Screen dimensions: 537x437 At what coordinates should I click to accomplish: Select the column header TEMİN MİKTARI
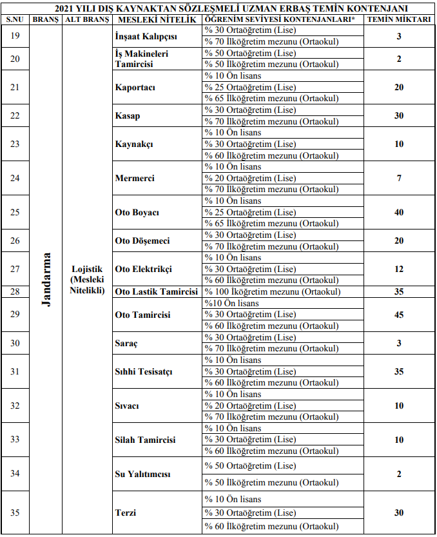coord(399,20)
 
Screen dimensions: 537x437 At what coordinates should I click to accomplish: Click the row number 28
coord(15,291)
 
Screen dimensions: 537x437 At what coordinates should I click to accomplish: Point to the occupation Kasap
coord(128,116)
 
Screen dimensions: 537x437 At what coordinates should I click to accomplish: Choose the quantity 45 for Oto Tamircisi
coord(399,315)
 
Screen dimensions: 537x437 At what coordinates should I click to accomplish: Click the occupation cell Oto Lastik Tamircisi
coord(156,291)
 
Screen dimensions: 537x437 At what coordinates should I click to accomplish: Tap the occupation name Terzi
coord(125,513)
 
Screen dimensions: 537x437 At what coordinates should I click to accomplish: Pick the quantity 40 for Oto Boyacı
coord(399,212)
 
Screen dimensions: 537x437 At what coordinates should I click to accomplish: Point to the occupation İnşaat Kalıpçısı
coord(145,37)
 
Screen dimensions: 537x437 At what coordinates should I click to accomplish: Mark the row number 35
coord(15,513)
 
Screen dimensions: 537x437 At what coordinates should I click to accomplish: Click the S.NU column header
coord(15,20)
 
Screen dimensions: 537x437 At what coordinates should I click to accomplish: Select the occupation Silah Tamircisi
coord(145,440)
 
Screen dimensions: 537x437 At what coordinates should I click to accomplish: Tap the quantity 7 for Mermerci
coord(399,178)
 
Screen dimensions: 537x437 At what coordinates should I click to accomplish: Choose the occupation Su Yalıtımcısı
coord(142,474)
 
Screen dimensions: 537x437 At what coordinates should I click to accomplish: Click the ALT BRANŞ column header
coord(87,20)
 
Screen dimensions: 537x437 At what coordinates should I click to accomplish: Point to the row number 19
coord(15,37)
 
